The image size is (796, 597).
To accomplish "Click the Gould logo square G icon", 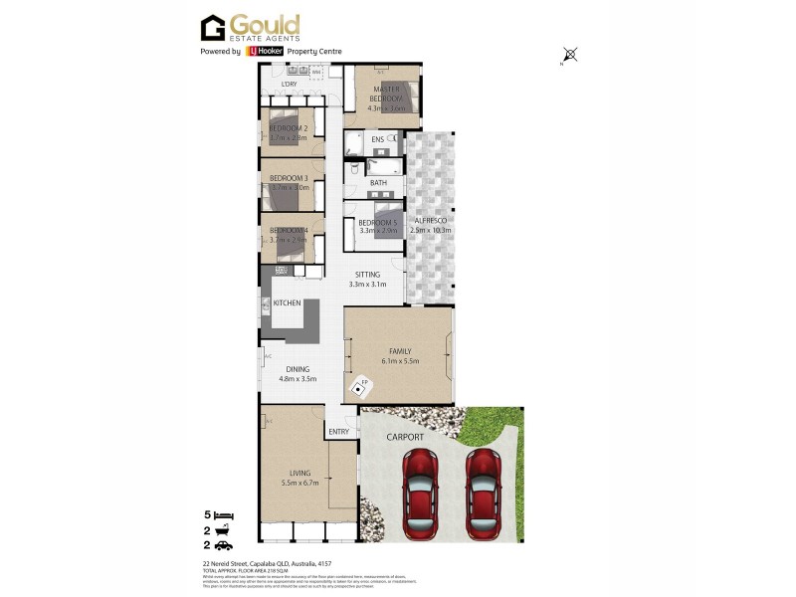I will pos(213,28).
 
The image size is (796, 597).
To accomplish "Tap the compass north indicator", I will pos(570,56).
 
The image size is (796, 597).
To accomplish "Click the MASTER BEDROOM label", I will pos(386,95).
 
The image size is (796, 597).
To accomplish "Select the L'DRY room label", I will pos(290,85).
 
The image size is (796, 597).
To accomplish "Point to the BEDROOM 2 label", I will pos(289,128).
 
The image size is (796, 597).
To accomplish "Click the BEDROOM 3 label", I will pos(290,178).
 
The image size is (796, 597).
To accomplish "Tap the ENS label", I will pos(378,140).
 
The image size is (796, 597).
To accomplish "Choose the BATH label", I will pos(378,183).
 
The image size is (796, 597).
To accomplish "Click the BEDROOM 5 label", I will pos(377,223).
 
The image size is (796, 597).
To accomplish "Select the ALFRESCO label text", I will pos(432,220).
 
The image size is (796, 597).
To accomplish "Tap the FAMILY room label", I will pos(400,351).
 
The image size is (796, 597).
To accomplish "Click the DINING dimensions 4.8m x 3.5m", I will pos(294,379).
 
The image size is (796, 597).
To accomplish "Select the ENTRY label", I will pos(339,431).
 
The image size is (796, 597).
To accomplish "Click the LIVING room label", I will pos(300,473).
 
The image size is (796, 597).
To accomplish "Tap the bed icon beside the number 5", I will pos(225,515).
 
